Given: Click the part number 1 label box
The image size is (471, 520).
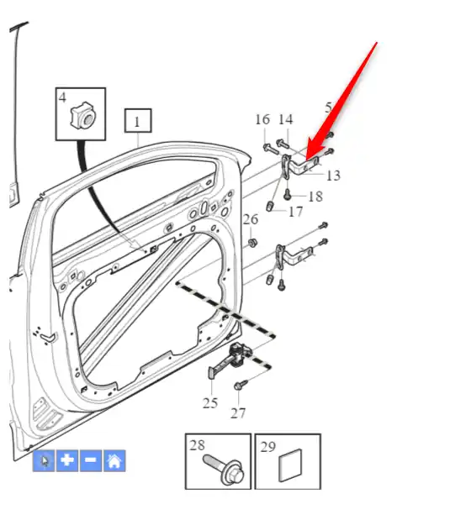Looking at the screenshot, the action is click(138, 121).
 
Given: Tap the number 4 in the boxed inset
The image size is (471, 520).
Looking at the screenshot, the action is click(62, 97).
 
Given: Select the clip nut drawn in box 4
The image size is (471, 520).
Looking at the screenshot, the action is click(83, 116).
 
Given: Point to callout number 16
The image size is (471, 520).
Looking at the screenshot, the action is click(262, 120).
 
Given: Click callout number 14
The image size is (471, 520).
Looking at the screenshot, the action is click(285, 120).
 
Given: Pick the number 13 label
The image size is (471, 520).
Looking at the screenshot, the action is click(333, 176).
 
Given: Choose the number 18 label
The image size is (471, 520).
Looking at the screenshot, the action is click(315, 197).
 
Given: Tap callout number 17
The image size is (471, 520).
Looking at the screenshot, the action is click(296, 212).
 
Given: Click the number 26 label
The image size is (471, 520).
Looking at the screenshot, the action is click(251, 219).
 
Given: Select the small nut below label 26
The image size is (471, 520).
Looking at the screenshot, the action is click(253, 243).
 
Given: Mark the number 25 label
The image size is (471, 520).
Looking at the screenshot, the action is click(210, 403).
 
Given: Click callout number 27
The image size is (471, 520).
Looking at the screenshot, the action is click(238, 413).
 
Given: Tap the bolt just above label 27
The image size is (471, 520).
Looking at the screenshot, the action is click(241, 385).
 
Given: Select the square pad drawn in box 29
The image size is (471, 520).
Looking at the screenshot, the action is click(290, 465).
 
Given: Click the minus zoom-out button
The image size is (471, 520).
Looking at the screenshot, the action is click(91, 460).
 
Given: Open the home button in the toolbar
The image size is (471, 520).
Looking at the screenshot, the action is click(114, 460).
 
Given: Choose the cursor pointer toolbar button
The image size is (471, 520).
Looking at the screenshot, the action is click(44, 460).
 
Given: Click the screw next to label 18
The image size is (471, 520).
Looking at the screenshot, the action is click(288, 194).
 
